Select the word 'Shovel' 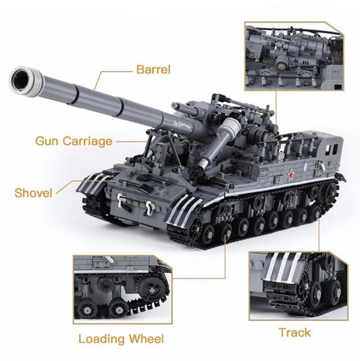(x=33, y=193)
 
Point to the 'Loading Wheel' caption (x=121, y=339)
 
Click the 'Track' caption (x=294, y=332)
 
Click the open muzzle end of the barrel (x=22, y=81)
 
